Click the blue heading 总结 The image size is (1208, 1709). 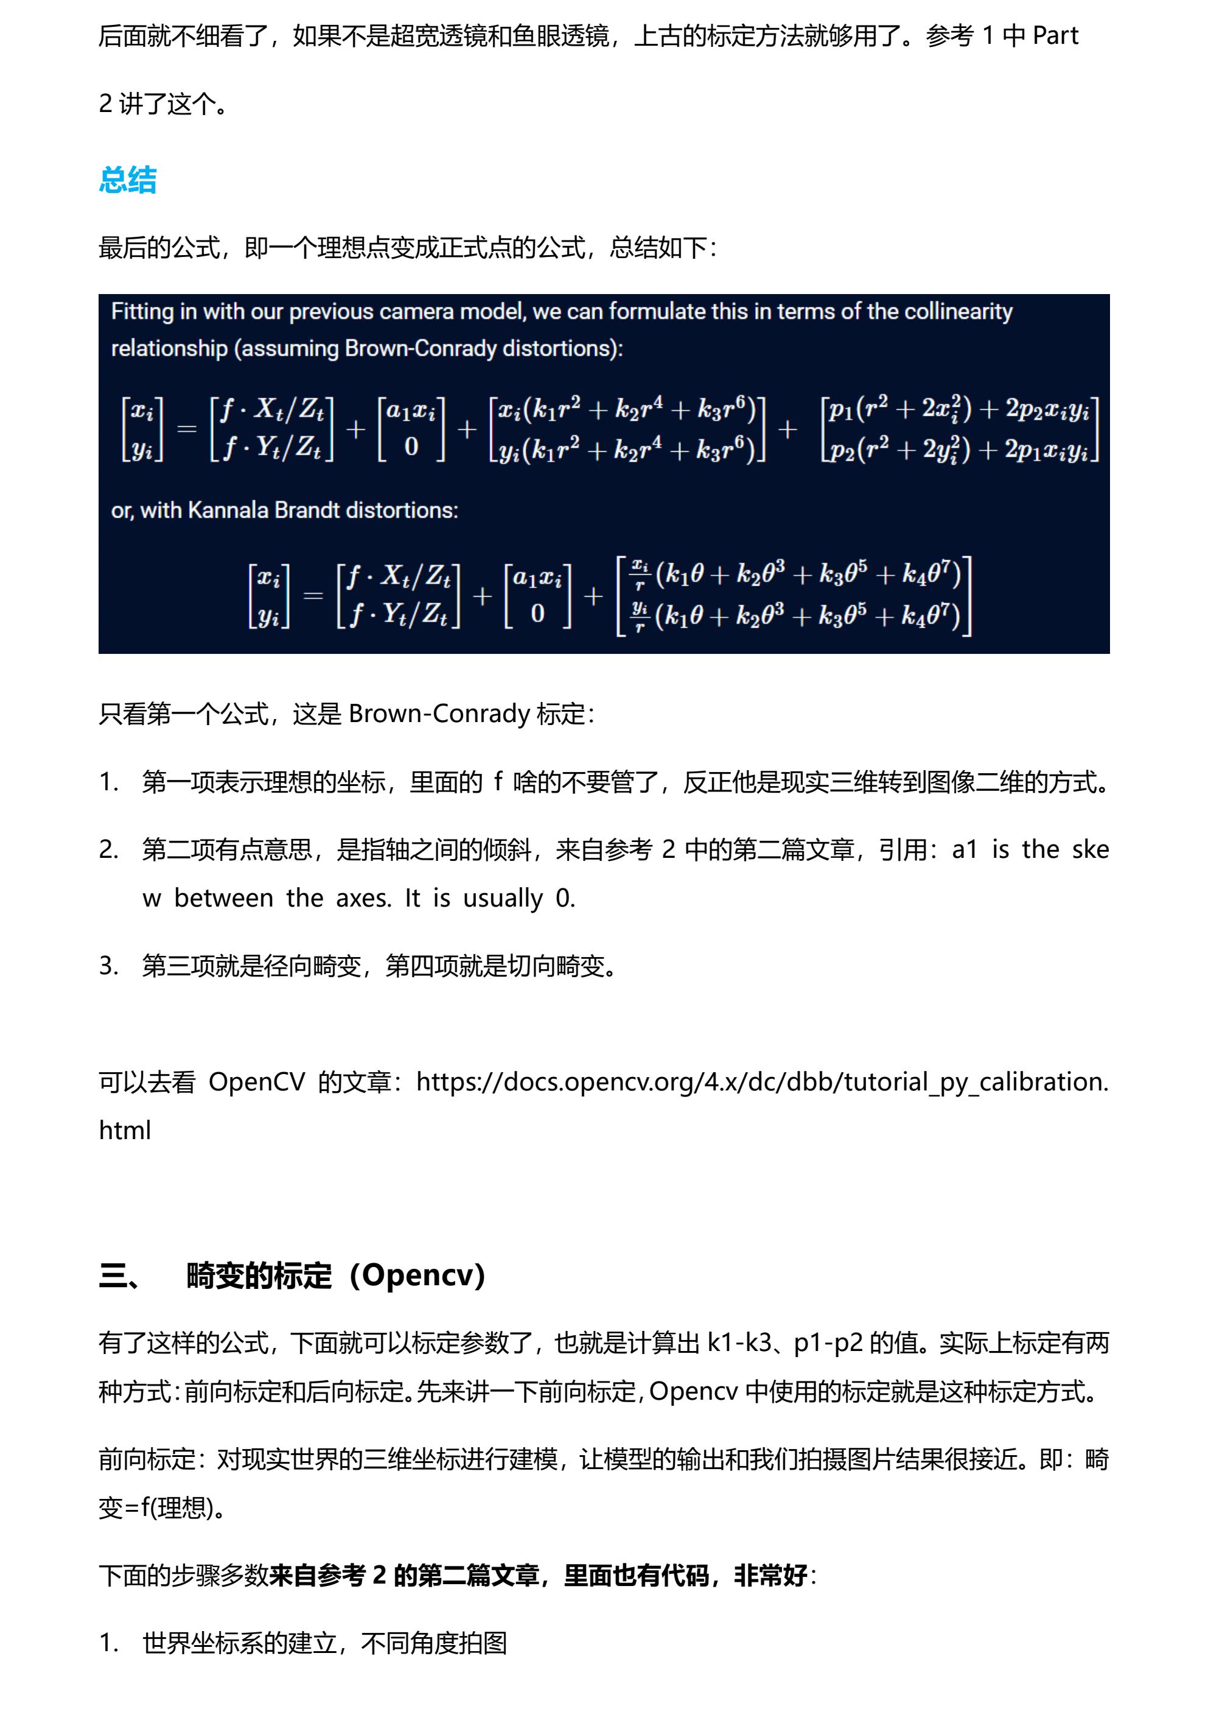pos(127,180)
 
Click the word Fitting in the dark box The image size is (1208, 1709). pos(141,311)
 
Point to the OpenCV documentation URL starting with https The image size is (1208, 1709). pos(762,1081)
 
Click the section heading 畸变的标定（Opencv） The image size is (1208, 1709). pos(335,1276)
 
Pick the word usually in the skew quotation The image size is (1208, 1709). pos(503,899)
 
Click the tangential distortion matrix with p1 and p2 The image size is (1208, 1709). pos(960,429)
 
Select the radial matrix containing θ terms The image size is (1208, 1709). pos(794,595)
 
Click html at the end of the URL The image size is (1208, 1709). pos(125,1130)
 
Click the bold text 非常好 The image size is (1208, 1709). pos(770,1576)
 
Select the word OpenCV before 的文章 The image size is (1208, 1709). pos(257,1081)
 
